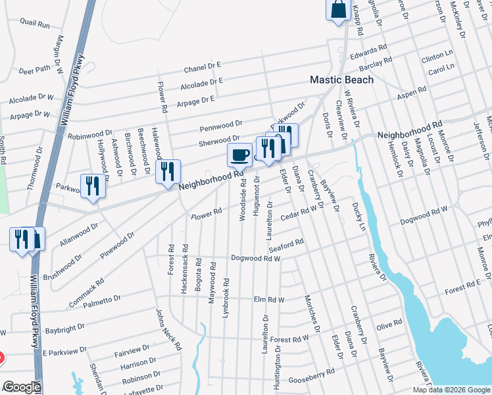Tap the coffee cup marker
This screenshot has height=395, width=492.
(239, 155)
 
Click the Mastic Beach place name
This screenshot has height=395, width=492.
(341, 80)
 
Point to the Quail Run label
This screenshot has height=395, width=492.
(35, 24)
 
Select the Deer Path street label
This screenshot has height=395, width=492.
(34, 69)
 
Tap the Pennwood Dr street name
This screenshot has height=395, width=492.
(222, 124)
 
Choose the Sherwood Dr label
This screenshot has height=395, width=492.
(219, 140)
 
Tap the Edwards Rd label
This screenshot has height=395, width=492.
(368, 51)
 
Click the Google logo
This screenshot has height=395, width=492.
(21, 387)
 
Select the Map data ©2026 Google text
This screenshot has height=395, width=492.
(451, 390)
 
